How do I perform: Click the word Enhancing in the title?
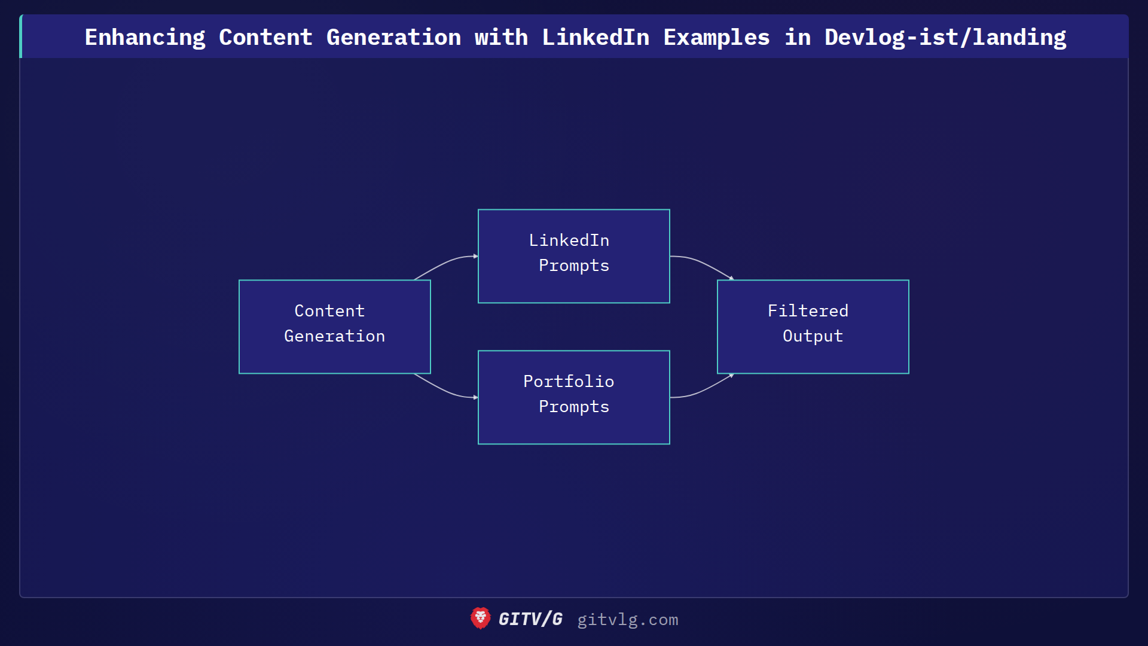tap(145, 37)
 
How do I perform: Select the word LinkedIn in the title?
tap(596, 37)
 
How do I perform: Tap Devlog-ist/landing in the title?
tap(945, 37)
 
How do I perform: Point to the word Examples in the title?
tap(716, 37)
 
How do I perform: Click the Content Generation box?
tap(335, 327)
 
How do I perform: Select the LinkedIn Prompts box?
tap(574, 256)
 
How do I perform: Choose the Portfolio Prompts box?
tap(574, 397)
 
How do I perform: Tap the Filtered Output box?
tap(813, 327)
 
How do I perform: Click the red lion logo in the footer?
tap(480, 618)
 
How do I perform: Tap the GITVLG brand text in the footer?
tap(530, 619)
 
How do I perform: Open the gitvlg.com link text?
tap(627, 620)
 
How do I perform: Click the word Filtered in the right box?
tap(808, 311)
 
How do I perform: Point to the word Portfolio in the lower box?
tap(569, 382)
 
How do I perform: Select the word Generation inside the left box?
tap(335, 336)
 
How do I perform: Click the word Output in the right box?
tap(813, 336)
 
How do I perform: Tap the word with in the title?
tap(501, 37)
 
